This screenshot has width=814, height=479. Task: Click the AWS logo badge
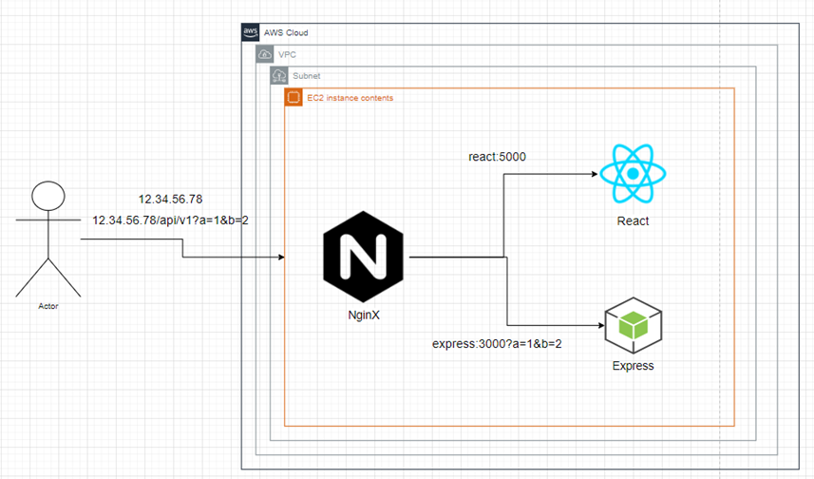coord(250,32)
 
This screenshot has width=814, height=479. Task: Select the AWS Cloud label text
coord(286,32)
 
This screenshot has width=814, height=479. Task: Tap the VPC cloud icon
coord(265,54)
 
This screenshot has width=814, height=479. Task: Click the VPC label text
coord(287,54)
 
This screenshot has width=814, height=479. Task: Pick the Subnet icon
coord(279,76)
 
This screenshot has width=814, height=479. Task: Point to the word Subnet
coord(306,76)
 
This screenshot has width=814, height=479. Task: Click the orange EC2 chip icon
coord(293,97)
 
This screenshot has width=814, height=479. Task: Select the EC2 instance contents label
coord(350,98)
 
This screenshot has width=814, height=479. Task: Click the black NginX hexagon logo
coord(364,257)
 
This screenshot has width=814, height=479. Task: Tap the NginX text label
coord(364,315)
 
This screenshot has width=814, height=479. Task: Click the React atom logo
coord(633,174)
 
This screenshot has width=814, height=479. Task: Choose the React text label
coord(633,220)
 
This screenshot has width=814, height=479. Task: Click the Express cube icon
coord(634,326)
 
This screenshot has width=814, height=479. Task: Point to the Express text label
coord(634,366)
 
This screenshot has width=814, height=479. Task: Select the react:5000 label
coord(498,157)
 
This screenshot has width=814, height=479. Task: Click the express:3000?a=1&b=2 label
coord(497,344)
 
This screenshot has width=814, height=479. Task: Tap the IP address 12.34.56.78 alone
coord(170,199)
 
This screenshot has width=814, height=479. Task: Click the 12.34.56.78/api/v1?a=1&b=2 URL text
coord(170,220)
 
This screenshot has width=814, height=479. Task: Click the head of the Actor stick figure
coord(48,196)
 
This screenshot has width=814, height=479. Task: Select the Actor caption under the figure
coord(48,307)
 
